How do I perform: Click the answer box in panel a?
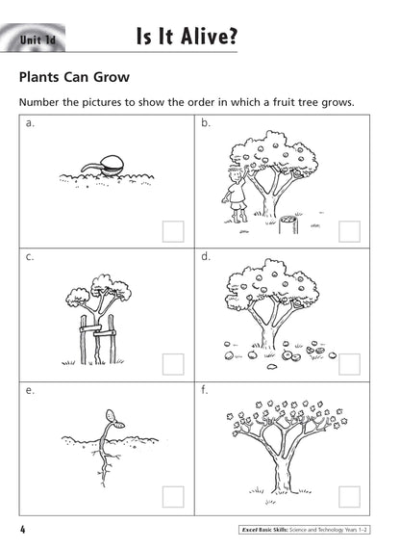(x=173, y=231)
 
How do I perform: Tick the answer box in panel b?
(x=349, y=231)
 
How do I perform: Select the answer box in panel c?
(x=173, y=364)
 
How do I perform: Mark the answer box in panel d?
(x=349, y=364)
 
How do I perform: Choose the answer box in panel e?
(x=173, y=497)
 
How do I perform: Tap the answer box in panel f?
(x=349, y=497)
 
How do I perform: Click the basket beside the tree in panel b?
(x=288, y=224)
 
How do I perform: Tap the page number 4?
(x=23, y=529)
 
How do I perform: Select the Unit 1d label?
(x=37, y=39)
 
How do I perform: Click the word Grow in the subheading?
(x=112, y=77)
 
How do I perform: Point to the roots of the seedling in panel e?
(x=104, y=465)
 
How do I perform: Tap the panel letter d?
(x=205, y=256)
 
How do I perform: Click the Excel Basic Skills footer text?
(x=264, y=530)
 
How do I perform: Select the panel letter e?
(x=30, y=390)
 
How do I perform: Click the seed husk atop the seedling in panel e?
(x=112, y=416)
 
